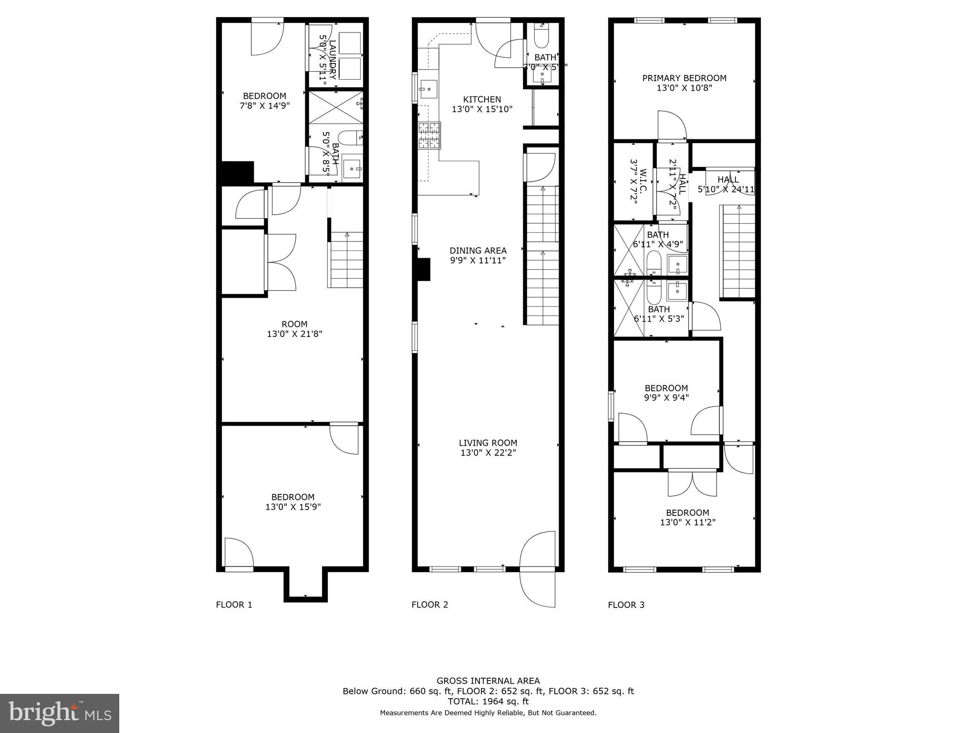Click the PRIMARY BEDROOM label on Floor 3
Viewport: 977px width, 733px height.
[x=684, y=78]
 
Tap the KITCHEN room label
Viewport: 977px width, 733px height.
[x=482, y=99]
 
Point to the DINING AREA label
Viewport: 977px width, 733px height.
[x=478, y=251]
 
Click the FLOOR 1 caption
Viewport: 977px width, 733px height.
[x=234, y=605]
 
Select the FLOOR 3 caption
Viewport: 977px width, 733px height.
[x=626, y=605]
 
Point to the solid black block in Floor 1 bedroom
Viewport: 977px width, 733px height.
[x=238, y=171]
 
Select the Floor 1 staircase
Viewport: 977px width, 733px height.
[x=345, y=260]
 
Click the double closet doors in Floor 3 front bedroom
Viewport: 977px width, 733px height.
[x=692, y=483]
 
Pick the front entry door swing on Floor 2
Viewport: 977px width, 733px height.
[x=538, y=568]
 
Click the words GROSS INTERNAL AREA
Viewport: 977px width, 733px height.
[x=488, y=681]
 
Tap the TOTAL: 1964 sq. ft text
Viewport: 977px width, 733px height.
[x=488, y=701]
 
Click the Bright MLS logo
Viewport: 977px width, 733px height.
[x=60, y=713]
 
